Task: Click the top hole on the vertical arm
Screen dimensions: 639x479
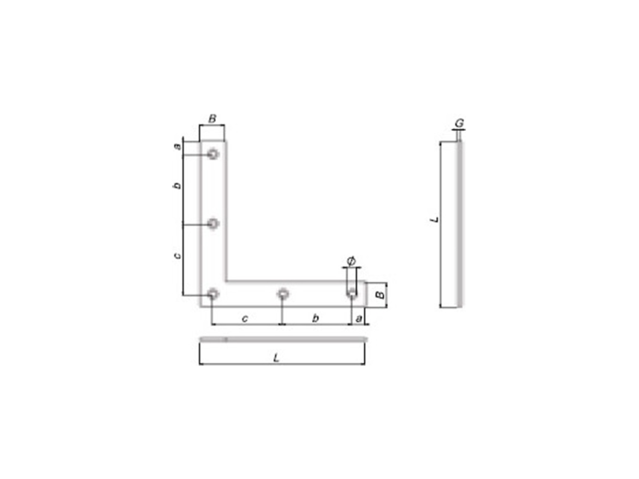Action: point(213,154)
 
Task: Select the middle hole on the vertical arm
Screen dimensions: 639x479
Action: point(213,224)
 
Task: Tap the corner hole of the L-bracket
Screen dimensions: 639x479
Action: point(213,293)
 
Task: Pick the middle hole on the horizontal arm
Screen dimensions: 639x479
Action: point(283,293)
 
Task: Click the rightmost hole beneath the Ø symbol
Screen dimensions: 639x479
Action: point(352,293)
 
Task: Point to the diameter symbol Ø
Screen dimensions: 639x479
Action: point(351,261)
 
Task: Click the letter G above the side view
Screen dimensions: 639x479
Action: point(459,123)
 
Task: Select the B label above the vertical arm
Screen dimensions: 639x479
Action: point(212,118)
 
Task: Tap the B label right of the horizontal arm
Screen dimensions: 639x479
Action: point(380,294)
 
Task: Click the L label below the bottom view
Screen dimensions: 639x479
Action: point(277,358)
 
